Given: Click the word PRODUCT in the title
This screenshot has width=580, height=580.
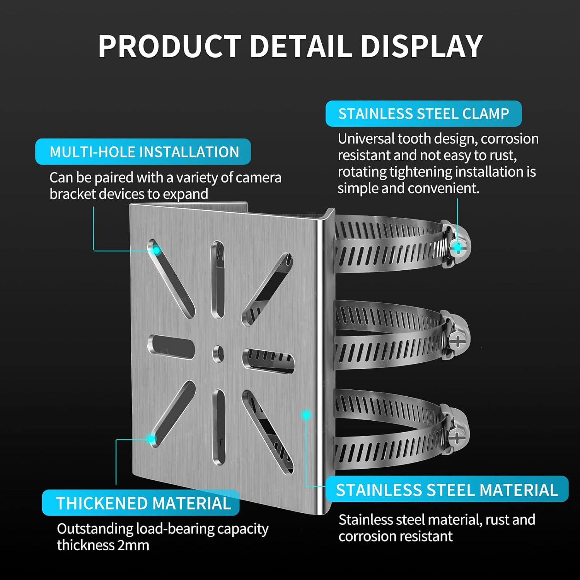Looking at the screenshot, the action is [169, 46].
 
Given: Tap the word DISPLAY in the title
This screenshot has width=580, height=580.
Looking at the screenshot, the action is [421, 46].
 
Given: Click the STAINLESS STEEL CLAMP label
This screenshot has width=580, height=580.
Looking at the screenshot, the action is [423, 114].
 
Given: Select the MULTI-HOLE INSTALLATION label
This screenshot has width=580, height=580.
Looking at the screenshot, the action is [143, 152].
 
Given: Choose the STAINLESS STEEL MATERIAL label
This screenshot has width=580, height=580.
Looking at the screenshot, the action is [447, 490].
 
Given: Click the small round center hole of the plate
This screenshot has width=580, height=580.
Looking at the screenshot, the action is [218, 353].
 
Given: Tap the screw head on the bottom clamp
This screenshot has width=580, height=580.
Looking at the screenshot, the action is [457, 437].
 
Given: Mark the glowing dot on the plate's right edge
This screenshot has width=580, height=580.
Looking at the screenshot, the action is [306, 415].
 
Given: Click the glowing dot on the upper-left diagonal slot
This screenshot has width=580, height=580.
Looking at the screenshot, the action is [156, 251].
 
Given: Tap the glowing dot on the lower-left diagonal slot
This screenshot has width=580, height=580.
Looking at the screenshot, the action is [151, 439].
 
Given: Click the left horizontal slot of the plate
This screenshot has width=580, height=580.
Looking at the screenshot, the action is [171, 347].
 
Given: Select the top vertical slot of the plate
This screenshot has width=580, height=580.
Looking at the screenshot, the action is [218, 278].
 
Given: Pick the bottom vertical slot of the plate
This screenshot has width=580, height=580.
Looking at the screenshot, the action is [218, 426].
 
